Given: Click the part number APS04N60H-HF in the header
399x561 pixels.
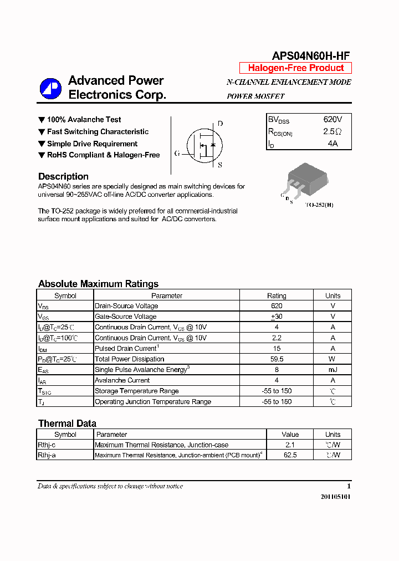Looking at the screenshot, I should pyautogui.click(x=310, y=55).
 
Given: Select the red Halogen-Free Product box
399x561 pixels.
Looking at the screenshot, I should pyautogui.click(x=295, y=68).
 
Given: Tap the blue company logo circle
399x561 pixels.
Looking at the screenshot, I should pyautogui.click(x=50, y=89).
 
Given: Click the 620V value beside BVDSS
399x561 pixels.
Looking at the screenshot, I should pyautogui.click(x=332, y=120).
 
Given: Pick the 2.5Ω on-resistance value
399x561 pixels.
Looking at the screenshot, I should pyautogui.click(x=332, y=132).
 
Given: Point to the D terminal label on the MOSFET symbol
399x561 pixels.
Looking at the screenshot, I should pyautogui.click(x=220, y=124).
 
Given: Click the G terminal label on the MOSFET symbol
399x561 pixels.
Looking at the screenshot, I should pyautogui.click(x=177, y=154).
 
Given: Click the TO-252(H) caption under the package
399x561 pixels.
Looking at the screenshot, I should pyautogui.click(x=319, y=205).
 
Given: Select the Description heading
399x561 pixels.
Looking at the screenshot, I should pyautogui.click(x=63, y=176).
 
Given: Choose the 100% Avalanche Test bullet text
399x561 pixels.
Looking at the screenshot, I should pyautogui.click(x=84, y=120).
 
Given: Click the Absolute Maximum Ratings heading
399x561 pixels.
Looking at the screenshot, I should pyautogui.click(x=98, y=284).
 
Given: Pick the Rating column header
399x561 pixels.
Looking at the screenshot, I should pyautogui.click(x=277, y=295).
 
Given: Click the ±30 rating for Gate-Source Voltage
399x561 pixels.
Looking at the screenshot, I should pyautogui.click(x=277, y=317).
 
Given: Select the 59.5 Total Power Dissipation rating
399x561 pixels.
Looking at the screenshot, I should pyautogui.click(x=277, y=359).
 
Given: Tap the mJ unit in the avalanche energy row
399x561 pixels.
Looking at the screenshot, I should pyautogui.click(x=332, y=370).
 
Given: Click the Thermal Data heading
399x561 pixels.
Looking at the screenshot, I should pyautogui.click(x=67, y=424).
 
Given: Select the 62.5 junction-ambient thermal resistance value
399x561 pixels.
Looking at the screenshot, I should pyautogui.click(x=290, y=455).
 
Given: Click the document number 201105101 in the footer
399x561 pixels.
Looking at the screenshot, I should pyautogui.click(x=335, y=497).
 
